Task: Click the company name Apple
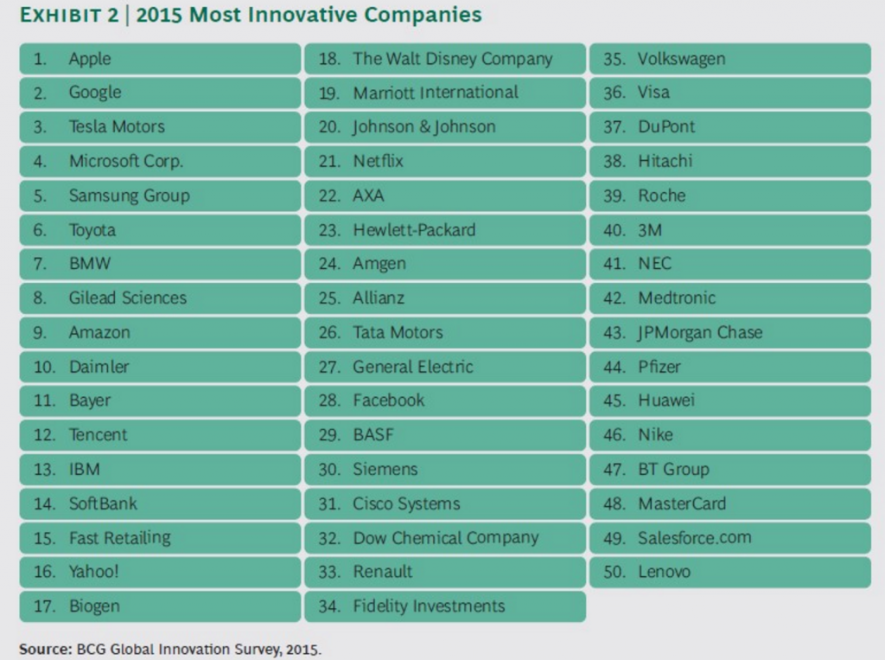(x=90, y=60)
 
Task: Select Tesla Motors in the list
(x=117, y=126)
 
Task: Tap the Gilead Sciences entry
(x=128, y=298)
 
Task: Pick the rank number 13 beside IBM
(x=44, y=470)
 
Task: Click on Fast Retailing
(x=119, y=538)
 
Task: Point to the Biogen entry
(x=94, y=606)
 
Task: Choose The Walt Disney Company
(x=453, y=60)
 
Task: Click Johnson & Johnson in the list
(x=424, y=127)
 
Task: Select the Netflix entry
(x=379, y=161)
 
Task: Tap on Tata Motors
(x=398, y=332)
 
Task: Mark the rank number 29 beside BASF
(x=329, y=435)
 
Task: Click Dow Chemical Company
(x=446, y=538)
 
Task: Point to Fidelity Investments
(x=429, y=606)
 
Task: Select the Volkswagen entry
(x=681, y=60)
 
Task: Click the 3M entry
(x=650, y=230)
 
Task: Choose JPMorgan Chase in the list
(x=700, y=333)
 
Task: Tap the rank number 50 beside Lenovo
(x=614, y=572)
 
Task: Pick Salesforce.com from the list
(x=695, y=538)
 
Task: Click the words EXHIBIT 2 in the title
(x=69, y=15)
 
